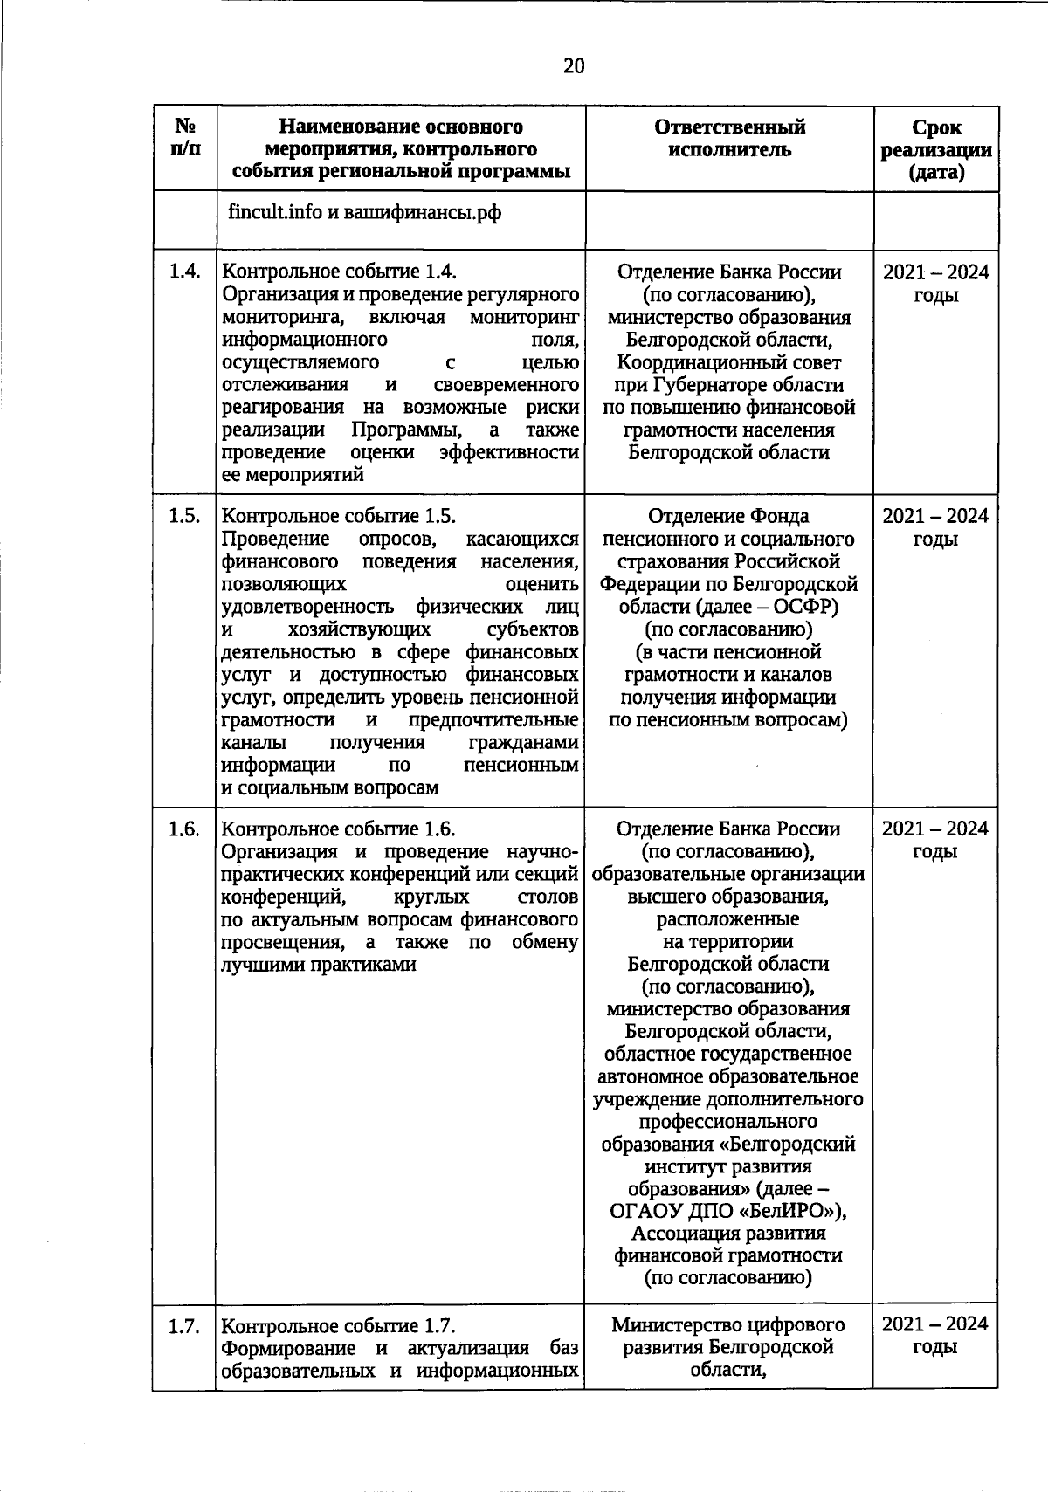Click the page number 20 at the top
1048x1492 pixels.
[574, 67]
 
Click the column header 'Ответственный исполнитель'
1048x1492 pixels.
[729, 138]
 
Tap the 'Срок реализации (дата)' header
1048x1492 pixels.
[935, 149]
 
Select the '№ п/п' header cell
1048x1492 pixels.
[184, 138]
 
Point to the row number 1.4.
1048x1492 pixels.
[183, 272]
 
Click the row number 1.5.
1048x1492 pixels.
[183, 516]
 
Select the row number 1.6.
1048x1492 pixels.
[183, 829]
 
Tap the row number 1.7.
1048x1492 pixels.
[183, 1326]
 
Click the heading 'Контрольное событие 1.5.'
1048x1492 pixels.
[339, 516]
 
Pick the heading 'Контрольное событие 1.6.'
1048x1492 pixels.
[339, 829]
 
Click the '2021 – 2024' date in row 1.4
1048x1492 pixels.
[935, 272]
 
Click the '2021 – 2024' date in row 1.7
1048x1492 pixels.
[935, 1324]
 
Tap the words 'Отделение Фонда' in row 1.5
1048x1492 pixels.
[728, 516]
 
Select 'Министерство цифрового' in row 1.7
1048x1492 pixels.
[728, 1324]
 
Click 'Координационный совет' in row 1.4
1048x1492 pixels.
[728, 362]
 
